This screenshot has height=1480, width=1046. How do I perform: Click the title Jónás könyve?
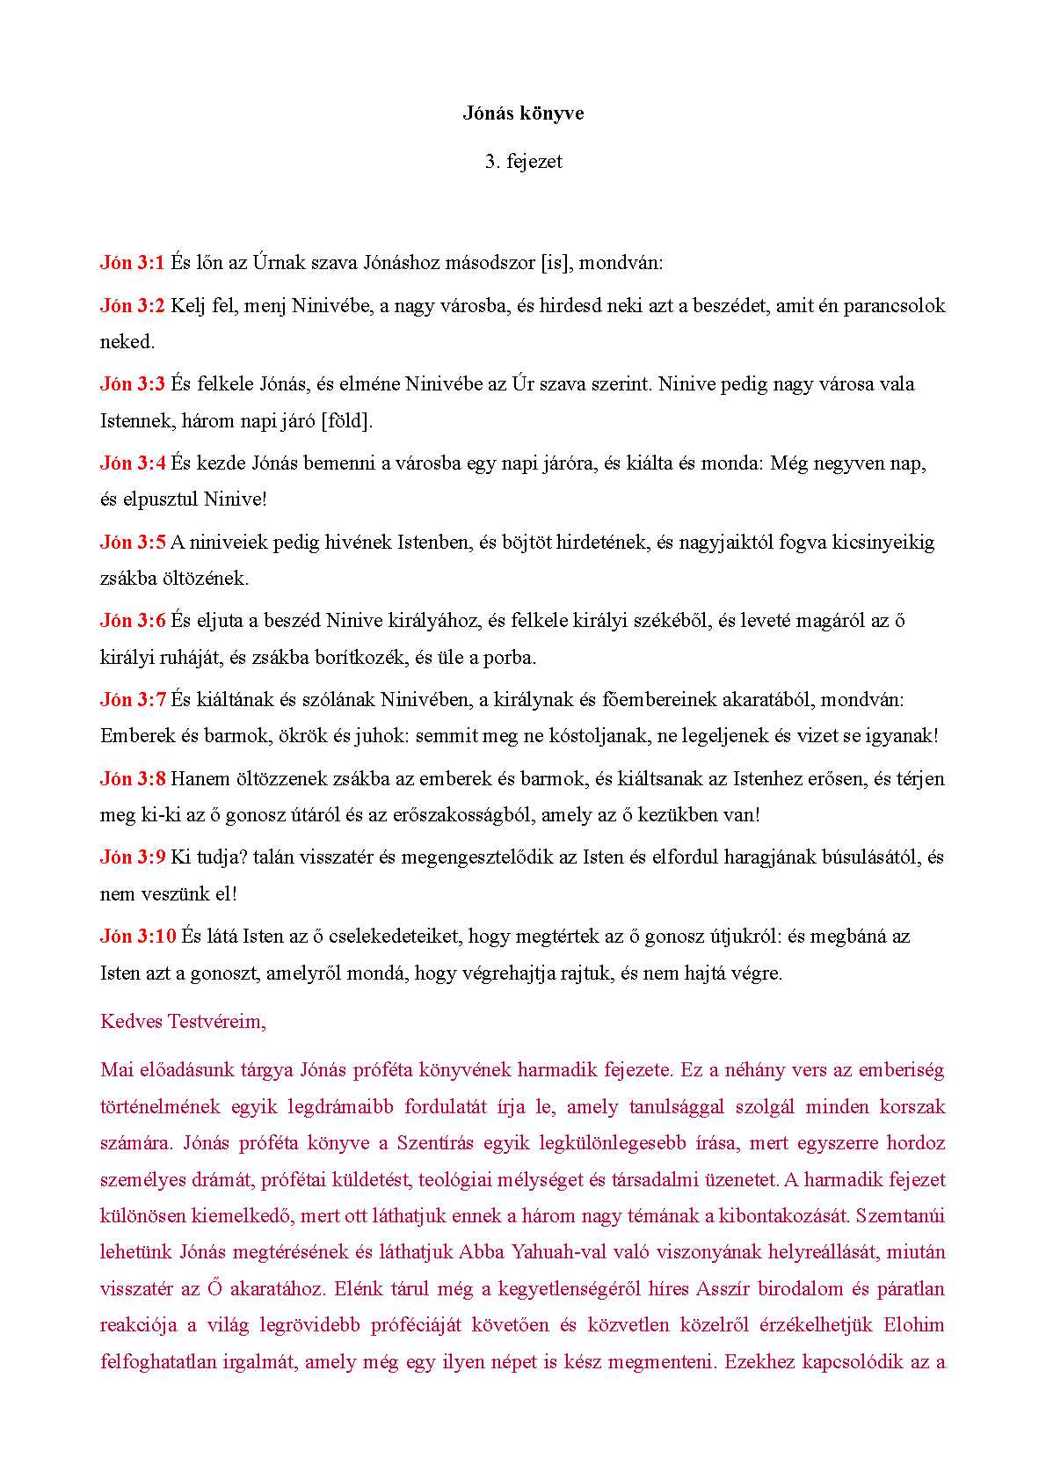click(523, 113)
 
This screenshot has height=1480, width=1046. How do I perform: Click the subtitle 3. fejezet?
click(523, 162)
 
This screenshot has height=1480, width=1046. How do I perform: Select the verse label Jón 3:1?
click(133, 262)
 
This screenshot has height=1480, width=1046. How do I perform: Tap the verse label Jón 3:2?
click(133, 306)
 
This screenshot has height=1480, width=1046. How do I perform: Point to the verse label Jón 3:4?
click(133, 463)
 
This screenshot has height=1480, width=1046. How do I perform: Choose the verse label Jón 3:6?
click(133, 621)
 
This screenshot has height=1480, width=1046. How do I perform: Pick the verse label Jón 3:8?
click(133, 778)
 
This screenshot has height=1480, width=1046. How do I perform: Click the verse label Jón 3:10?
click(138, 937)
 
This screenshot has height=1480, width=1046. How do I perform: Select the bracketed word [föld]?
click(346, 420)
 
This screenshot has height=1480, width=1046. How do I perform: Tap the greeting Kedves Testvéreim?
click(183, 1022)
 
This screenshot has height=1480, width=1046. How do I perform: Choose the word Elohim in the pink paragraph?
click(914, 1325)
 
